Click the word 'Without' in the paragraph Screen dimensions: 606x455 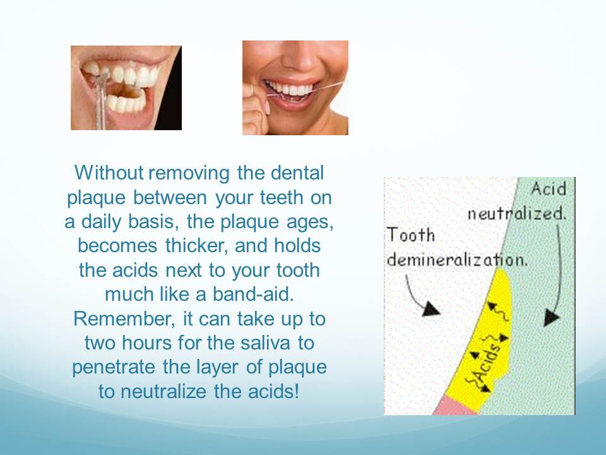(109, 173)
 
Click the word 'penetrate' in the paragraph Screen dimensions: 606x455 (113, 368)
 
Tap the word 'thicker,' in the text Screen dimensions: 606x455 (200, 246)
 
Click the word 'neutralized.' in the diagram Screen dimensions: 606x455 (517, 213)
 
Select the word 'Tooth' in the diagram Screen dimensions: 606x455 (411, 234)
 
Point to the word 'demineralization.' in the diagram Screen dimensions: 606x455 (457, 260)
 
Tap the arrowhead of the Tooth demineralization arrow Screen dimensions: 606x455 (431, 309)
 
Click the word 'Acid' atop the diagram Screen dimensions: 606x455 (548, 189)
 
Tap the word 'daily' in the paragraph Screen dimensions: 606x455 (100, 222)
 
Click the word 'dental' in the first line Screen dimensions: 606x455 (297, 173)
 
